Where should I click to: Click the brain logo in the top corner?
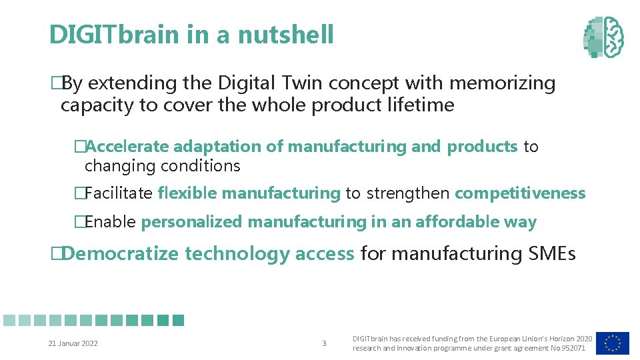coord(604,36)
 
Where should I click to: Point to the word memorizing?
coord(502,83)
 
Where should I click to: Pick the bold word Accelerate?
coord(128,147)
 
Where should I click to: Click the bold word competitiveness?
coord(520,194)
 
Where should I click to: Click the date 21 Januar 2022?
coord(73,344)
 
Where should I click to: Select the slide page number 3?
coord(324,344)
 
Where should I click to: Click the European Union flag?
coord(612,343)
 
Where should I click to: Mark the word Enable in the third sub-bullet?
coord(111,222)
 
